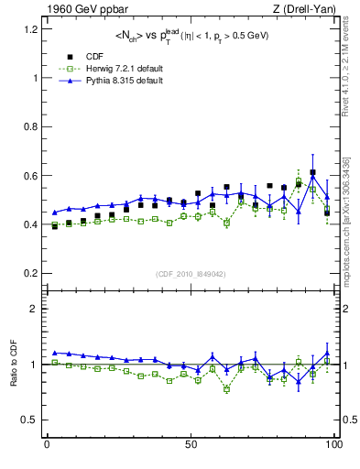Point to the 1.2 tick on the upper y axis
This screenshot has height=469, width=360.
[x=29, y=29]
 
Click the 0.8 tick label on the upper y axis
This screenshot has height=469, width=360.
[x=29, y=126]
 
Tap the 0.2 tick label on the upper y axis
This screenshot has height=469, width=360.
[x=29, y=273]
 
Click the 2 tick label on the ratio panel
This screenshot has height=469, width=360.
[x=34, y=309]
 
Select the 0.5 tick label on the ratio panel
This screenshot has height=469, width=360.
[x=29, y=420]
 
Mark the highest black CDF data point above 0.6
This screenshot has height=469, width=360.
[x=312, y=172]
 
